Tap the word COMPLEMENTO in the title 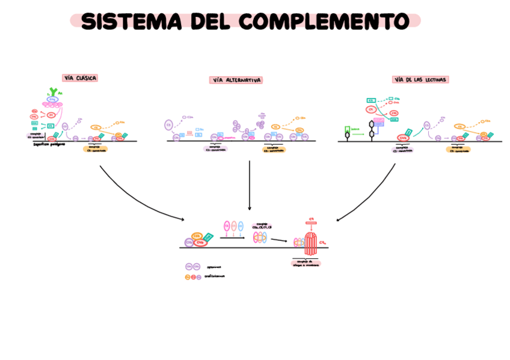[x=324, y=21]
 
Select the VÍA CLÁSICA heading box [x=80, y=78]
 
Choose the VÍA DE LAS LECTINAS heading [x=421, y=79]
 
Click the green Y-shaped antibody [x=54, y=92]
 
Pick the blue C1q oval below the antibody [x=52, y=100]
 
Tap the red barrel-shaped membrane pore [x=311, y=242]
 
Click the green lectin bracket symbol [x=347, y=129]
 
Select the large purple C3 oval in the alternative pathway [x=169, y=125]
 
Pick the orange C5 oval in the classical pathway [x=96, y=127]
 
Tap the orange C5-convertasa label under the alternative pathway [x=274, y=150]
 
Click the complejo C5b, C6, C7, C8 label [x=262, y=226]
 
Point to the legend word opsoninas [x=214, y=267]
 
